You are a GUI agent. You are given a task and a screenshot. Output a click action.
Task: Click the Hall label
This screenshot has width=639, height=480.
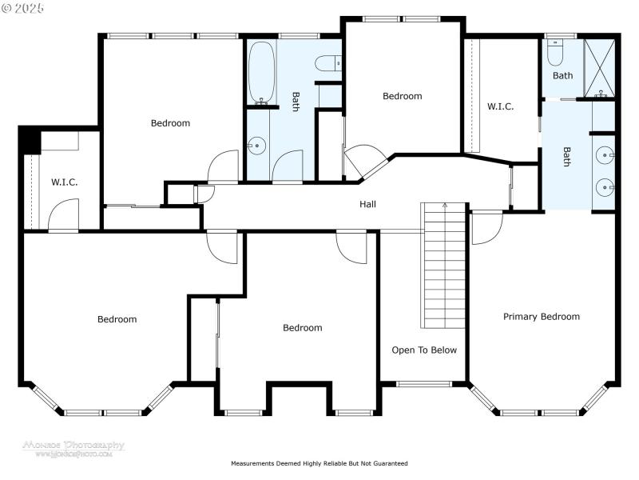(367, 204)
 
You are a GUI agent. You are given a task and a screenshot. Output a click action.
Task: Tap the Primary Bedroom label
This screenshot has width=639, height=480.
(541, 317)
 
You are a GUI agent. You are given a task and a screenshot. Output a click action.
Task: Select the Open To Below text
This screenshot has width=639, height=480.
(424, 350)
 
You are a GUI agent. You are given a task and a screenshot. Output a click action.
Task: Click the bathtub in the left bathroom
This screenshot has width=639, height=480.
(261, 74)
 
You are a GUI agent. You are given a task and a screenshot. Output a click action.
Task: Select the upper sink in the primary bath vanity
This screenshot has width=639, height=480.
(605, 154)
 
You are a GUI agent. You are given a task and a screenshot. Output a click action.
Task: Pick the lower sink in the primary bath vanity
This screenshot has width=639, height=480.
(605, 188)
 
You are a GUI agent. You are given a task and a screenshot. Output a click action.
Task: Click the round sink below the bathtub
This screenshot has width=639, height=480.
(256, 145)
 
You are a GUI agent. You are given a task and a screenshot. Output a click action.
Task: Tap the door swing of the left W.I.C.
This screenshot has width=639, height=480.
(64, 214)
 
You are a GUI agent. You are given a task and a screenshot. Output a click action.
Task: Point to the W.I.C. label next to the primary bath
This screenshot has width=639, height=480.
(501, 106)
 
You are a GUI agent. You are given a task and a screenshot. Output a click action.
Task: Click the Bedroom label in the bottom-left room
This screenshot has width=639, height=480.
(117, 319)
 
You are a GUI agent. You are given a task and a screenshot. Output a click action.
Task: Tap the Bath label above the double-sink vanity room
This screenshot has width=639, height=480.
(563, 76)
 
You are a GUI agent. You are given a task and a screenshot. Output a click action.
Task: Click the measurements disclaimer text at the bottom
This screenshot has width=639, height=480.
(319, 463)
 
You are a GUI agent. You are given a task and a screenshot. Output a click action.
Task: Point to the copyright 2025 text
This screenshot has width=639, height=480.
(23, 7)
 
